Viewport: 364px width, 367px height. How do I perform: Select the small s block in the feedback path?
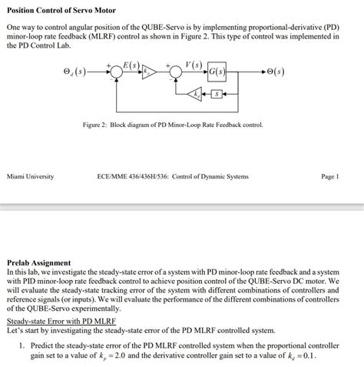pos(217,94)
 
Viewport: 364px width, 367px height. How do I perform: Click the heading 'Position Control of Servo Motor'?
pos(61,8)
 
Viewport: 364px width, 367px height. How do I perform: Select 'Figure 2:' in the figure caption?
pos(98,124)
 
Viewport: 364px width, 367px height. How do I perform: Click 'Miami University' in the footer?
pos(30,176)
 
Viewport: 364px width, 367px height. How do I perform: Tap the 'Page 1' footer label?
pos(329,176)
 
